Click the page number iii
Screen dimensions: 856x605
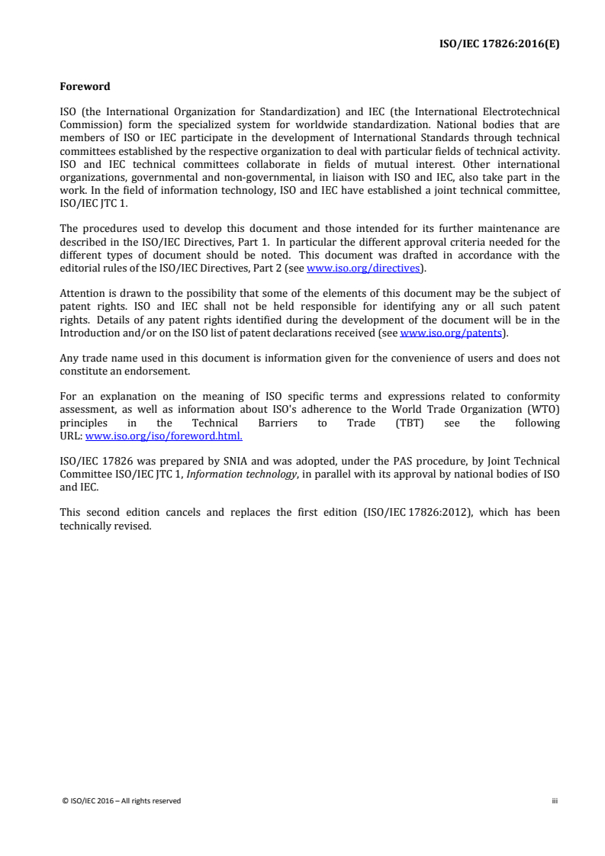pos(555,800)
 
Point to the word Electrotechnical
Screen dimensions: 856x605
pos(519,111)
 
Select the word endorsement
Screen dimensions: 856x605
pos(150,371)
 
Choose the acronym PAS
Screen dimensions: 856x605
pos(430,461)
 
